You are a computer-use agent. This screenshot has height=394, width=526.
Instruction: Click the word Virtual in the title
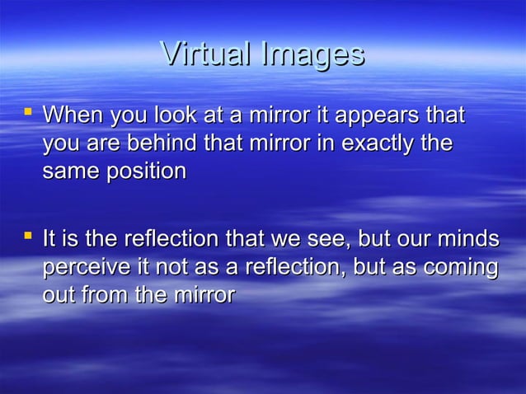(206, 55)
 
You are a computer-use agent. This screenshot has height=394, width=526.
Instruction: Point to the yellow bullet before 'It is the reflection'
(29, 237)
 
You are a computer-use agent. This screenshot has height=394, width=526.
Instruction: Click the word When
(71, 115)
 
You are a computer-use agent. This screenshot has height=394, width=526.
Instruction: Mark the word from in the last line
(106, 295)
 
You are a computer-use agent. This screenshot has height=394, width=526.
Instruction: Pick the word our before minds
(418, 241)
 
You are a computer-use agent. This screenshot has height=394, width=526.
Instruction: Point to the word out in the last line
(58, 295)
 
